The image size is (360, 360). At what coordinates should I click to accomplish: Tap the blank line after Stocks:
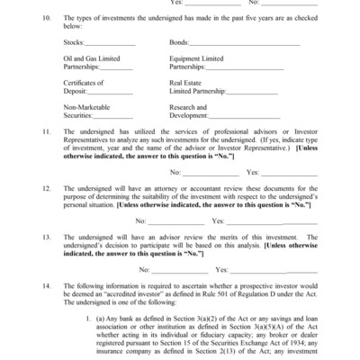[x=112, y=43]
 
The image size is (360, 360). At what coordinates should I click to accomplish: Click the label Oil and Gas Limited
[x=95, y=58]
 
